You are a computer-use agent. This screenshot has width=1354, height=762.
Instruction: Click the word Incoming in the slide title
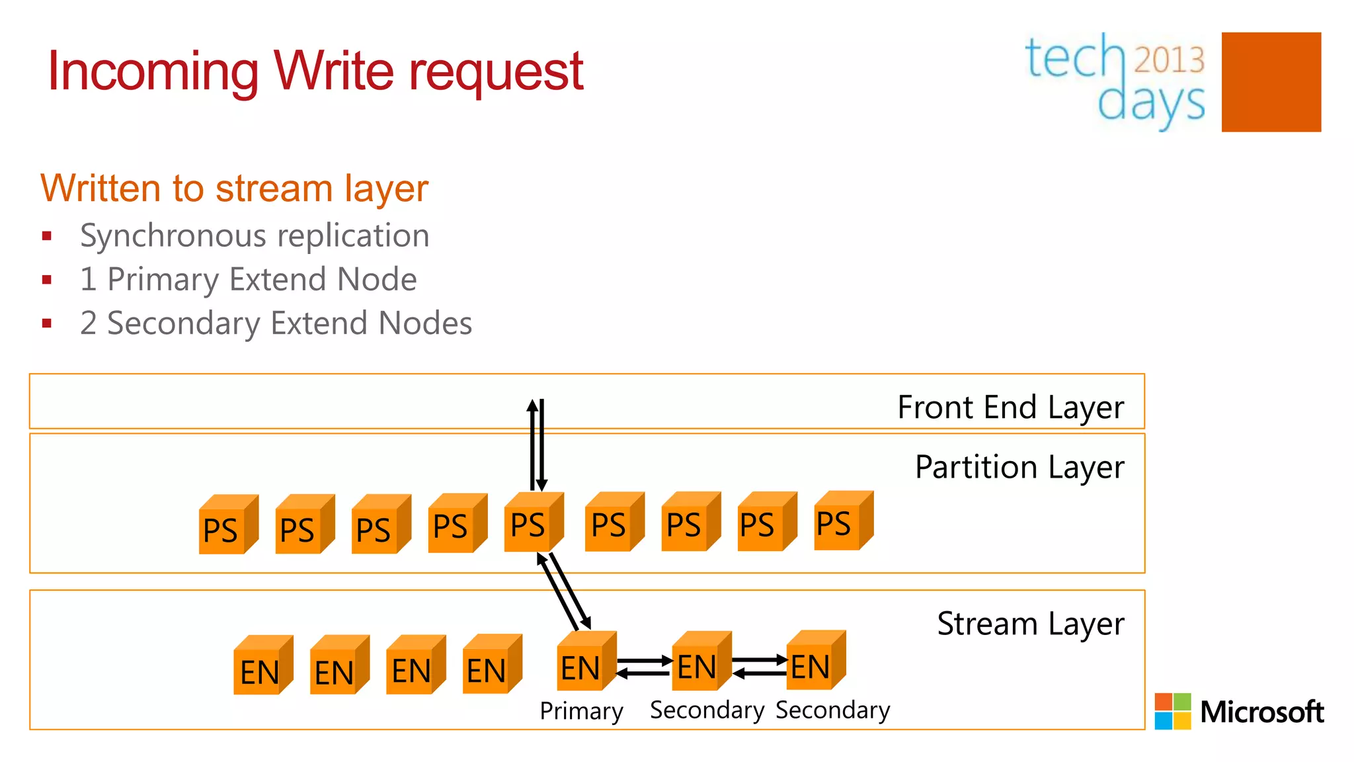point(153,71)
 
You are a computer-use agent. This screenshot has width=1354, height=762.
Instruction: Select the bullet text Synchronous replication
point(255,235)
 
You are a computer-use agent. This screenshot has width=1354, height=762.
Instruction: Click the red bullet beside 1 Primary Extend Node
point(46,280)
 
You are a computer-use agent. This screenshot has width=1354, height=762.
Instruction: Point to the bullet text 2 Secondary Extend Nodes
point(276,323)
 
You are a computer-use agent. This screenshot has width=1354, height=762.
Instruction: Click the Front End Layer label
point(1010,407)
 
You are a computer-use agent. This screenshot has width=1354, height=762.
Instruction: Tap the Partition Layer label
point(1019,467)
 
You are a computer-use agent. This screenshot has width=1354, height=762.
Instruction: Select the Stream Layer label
point(1030,624)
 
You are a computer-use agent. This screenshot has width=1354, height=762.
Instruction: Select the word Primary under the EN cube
point(581,711)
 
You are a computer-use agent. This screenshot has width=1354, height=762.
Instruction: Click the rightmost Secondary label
point(832,710)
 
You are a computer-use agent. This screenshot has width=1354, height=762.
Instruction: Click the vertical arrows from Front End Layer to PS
point(537,444)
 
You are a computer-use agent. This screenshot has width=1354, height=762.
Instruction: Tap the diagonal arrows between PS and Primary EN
point(564,591)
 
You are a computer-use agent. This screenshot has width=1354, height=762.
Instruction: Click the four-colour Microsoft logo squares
point(1172,711)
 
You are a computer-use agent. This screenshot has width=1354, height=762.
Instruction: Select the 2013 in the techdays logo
point(1169,60)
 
